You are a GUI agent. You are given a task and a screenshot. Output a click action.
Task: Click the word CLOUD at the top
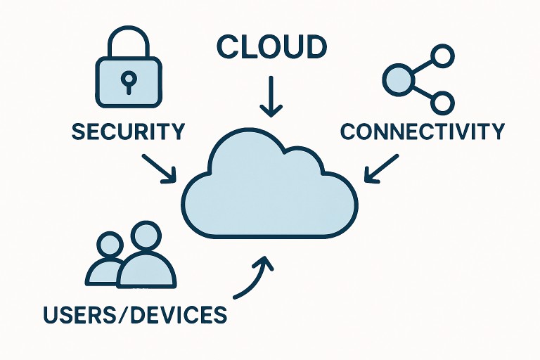(271, 47)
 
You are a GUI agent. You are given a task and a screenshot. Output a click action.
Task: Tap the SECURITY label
(129, 131)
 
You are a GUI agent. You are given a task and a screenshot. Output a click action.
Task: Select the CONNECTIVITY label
(422, 131)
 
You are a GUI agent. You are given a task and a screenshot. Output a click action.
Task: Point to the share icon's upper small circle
(442, 56)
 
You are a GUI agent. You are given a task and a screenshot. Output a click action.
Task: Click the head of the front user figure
(146, 238)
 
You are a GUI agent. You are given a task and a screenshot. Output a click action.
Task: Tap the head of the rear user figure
(110, 245)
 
